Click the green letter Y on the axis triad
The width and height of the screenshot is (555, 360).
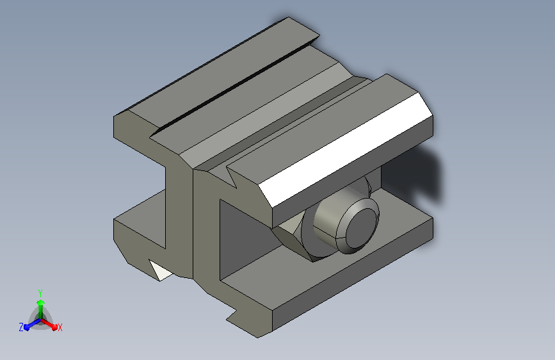pos(40,293)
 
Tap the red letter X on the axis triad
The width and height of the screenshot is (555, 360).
pos(60,327)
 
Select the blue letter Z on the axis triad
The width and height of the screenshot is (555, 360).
pos(21,327)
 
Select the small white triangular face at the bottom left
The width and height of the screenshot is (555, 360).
pos(160,271)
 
